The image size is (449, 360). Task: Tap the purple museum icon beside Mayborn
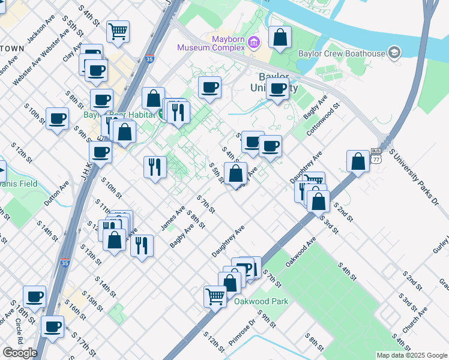point(254,42)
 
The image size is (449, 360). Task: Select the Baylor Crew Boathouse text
point(342,53)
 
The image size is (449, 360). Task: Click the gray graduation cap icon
point(394,53)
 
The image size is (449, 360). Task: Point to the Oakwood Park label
point(261,301)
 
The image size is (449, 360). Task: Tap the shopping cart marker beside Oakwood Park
point(215,296)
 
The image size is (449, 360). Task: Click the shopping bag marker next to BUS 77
point(358,161)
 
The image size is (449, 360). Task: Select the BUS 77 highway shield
point(376,156)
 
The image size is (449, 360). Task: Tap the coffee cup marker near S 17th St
point(53,327)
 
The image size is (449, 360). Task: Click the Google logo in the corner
point(20,353)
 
